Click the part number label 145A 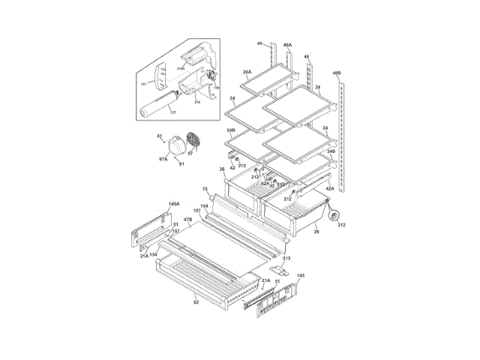pos(173,204)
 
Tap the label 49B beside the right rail pos(337,73)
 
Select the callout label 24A pos(247,72)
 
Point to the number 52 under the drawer pos(196,302)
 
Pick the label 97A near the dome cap pos(163,159)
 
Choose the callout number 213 pos(286,258)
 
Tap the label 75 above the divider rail pos(204,189)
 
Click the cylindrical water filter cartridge pos(157,103)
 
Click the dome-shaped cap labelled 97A pos(177,146)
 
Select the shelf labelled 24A pos(263,80)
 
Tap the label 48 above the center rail pos(307,57)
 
